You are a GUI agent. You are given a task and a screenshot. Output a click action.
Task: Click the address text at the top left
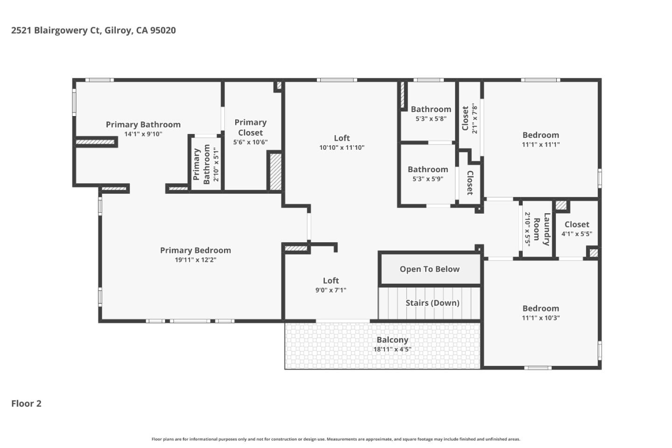click(93, 30)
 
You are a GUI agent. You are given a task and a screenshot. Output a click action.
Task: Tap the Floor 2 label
click(26, 404)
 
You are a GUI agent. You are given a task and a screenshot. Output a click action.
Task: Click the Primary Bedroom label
click(195, 250)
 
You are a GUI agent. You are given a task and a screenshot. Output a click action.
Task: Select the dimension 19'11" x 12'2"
click(195, 260)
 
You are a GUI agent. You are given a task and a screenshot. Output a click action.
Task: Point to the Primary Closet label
click(250, 127)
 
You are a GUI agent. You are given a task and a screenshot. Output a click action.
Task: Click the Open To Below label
click(429, 269)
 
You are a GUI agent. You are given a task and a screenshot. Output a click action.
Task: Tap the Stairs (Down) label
click(432, 303)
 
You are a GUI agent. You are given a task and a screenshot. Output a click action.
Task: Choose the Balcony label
click(392, 340)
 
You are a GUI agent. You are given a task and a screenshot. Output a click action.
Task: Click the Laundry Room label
click(541, 229)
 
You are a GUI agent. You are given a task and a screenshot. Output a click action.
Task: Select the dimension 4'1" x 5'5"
click(576, 234)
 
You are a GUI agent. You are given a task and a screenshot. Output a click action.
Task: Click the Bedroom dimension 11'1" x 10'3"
click(540, 318)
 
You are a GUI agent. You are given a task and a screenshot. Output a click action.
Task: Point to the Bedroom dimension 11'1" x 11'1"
click(540, 145)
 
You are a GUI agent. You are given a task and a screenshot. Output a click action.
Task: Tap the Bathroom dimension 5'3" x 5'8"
click(431, 119)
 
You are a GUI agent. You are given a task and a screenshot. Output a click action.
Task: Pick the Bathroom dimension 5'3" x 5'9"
click(427, 179)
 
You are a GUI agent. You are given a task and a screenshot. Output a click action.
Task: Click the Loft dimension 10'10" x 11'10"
click(342, 147)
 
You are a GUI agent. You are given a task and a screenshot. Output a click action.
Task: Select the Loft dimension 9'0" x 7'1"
click(330, 290)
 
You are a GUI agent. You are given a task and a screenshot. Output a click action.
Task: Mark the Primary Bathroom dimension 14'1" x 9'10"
click(143, 134)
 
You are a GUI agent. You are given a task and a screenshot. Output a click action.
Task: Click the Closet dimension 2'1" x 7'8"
click(475, 119)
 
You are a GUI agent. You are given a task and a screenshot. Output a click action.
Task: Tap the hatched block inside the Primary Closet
click(275, 171)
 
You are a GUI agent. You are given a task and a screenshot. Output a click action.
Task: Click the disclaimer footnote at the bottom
click(336, 439)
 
